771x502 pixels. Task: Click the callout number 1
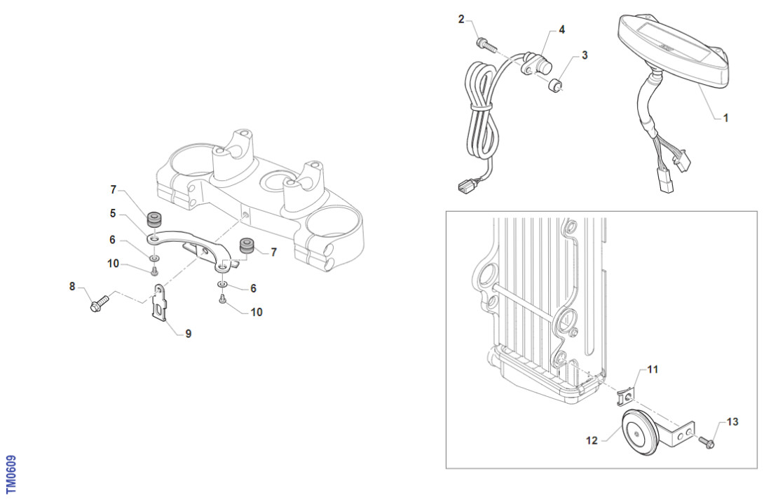(x=725, y=118)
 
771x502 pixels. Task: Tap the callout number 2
(x=461, y=19)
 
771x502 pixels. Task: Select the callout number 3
(x=585, y=54)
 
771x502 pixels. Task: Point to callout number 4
(x=561, y=30)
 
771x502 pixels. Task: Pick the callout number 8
(x=71, y=286)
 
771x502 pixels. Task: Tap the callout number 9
(x=189, y=334)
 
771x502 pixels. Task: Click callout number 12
(x=592, y=441)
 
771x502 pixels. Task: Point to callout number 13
(x=732, y=422)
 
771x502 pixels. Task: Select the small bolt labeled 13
(x=708, y=441)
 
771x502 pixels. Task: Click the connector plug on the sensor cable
(x=464, y=187)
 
